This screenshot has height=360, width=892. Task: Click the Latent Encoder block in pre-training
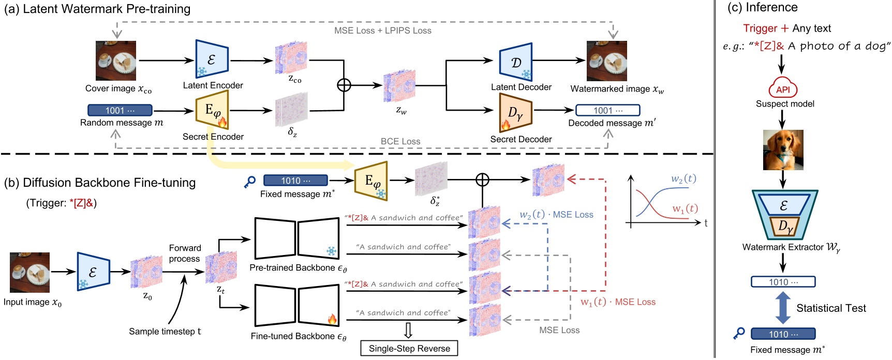pos(212,59)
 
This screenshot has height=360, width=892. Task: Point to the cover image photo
pos(116,61)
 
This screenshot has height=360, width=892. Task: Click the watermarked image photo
pos(606,61)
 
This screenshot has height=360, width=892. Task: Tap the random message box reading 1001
pos(120,110)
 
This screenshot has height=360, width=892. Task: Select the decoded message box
pos(607,110)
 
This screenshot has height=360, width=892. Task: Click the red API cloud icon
pos(783,89)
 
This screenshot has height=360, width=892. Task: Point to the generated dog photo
pos(783,150)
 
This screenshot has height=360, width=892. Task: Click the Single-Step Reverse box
pos(409,349)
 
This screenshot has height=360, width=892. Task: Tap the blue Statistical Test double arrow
pos(783,308)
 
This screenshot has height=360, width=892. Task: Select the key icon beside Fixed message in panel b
pos(250,182)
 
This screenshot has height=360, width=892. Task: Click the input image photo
pos(30,273)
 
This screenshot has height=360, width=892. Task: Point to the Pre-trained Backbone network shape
pos(296,238)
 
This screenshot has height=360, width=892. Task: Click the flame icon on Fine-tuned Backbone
pos(332,319)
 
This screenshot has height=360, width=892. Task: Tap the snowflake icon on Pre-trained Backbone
pos(331,251)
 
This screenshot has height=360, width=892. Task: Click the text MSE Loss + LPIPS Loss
pos(382,31)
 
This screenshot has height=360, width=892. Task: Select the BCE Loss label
pos(400,141)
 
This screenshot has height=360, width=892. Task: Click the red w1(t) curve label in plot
pos(685,209)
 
